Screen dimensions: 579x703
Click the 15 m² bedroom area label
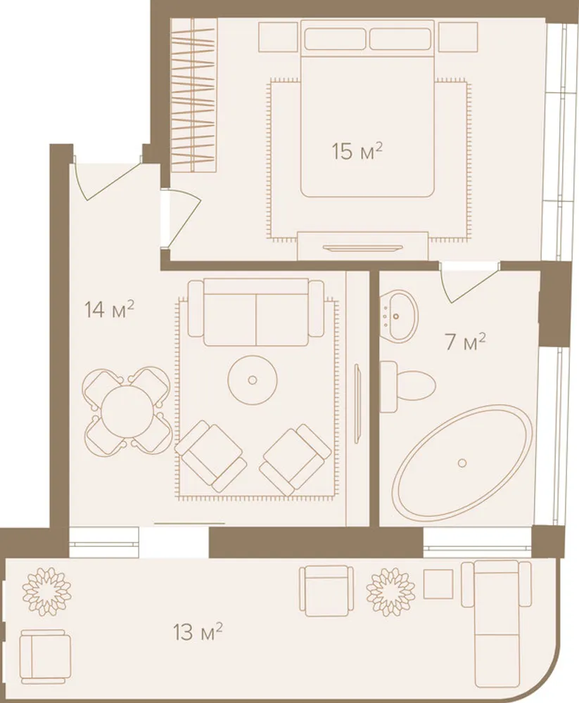(357, 151)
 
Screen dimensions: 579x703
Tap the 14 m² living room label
(110, 309)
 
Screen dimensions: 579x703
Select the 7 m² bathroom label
(465, 342)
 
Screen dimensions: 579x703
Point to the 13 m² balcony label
(198, 632)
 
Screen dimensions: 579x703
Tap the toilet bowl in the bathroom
(407, 387)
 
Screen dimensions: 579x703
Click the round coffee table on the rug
(253, 380)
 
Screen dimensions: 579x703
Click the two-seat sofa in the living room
(256, 313)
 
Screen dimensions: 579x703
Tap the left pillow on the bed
(335, 39)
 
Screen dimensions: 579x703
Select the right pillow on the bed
(400, 39)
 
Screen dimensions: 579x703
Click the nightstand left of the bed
(279, 37)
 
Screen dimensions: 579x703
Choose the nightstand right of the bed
(457, 37)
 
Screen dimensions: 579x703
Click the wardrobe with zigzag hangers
(194, 95)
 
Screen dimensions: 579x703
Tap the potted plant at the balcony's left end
(47, 592)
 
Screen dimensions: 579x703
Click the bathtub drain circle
(462, 463)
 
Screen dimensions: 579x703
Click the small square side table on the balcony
(438, 583)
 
